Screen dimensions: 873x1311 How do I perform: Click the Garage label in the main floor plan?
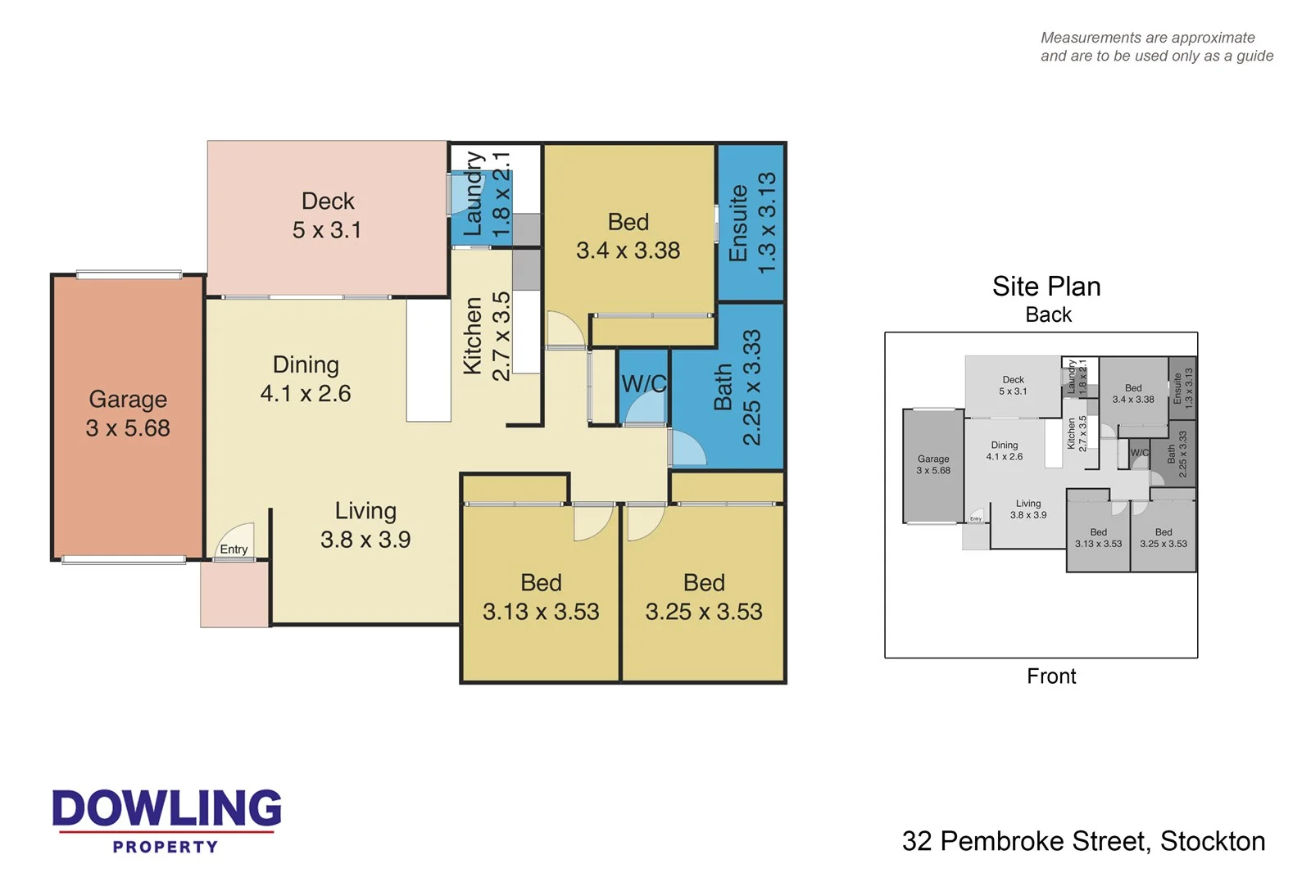point(128,400)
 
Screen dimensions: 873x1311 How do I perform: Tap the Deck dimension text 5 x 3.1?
point(327,230)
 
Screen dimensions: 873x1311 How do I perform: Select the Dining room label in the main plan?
point(306,365)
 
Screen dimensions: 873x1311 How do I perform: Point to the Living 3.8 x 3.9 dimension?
point(365,540)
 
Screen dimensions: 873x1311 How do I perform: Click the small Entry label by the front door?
point(234,550)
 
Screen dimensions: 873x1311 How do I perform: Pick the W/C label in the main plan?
point(644,383)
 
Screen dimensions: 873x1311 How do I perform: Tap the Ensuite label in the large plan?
point(738,223)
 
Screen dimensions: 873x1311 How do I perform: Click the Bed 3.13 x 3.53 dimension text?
point(541,612)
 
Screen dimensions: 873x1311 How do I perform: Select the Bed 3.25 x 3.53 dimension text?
point(704,612)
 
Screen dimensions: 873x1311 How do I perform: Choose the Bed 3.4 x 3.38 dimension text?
point(628,251)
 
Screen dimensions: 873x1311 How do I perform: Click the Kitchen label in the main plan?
point(473,336)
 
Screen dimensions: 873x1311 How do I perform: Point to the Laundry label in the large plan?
point(474,194)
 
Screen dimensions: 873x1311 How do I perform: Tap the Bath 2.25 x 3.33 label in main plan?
point(737,387)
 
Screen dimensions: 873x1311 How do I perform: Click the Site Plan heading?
point(1046,287)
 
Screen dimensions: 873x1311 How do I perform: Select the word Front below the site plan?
point(1051,676)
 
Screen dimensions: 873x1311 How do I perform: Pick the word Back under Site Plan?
point(1048,315)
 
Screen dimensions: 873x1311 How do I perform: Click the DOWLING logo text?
point(166,808)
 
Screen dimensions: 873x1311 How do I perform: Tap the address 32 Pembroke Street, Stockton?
point(1083,841)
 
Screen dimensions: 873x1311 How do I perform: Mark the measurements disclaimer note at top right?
point(1156,47)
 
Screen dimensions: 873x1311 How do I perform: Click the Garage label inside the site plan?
point(933,459)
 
